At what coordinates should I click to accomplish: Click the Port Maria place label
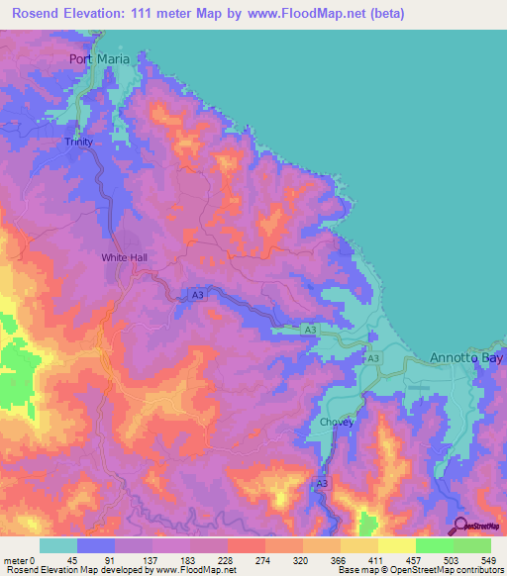point(100,58)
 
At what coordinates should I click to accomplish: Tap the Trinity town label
point(79,142)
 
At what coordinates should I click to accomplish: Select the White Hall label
point(124,257)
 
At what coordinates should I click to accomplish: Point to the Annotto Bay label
point(467,357)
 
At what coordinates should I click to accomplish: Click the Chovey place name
point(337,423)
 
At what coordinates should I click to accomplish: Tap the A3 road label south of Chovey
point(322,482)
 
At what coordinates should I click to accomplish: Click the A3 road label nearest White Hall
point(197,295)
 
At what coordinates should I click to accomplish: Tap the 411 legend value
point(363,559)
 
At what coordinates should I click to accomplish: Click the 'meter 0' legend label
point(20,559)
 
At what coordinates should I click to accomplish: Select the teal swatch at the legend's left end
point(58,545)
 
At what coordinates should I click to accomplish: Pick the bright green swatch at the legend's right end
point(472,545)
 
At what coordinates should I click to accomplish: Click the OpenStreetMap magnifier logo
point(460,526)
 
